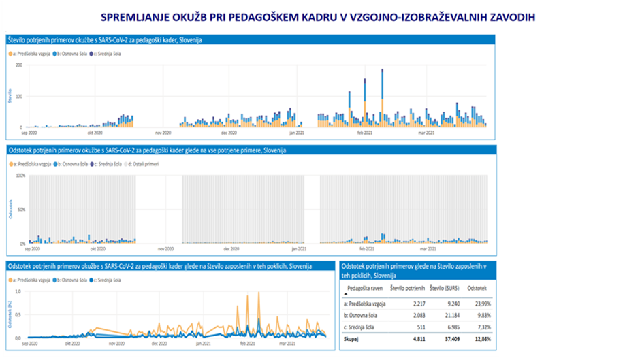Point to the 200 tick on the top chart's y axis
coord(20,65)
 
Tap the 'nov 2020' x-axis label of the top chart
coord(163,133)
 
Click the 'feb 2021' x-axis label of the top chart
coord(365,133)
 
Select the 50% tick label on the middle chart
coord(20,209)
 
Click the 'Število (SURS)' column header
coord(447,288)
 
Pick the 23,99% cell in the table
coord(478,303)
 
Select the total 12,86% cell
coord(478,338)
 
